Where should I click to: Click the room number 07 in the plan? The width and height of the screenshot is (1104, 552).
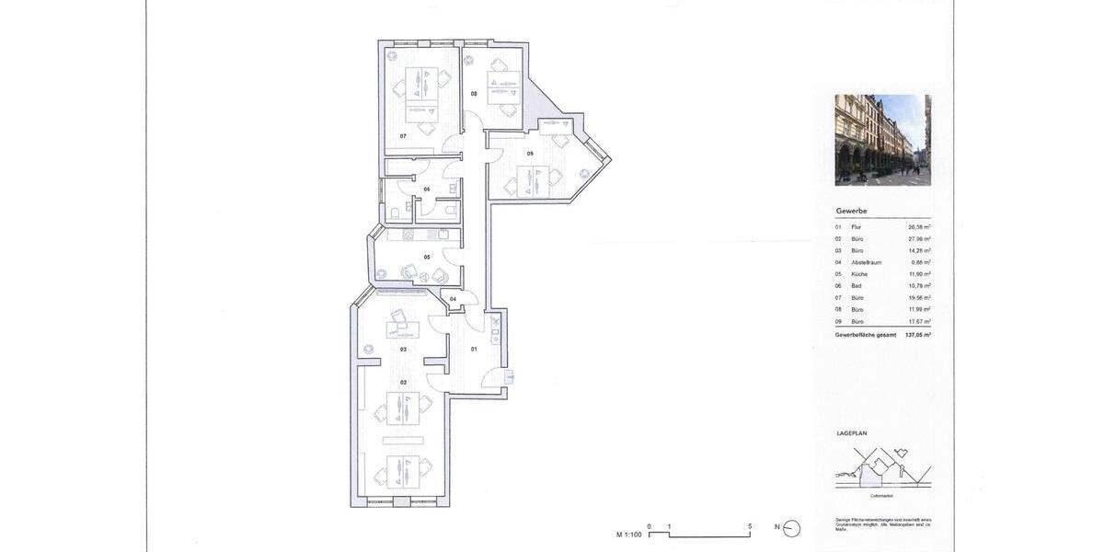point(403,136)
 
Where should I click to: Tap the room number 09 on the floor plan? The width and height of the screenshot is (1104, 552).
point(531,153)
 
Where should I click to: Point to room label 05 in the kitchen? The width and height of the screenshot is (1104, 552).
point(427,258)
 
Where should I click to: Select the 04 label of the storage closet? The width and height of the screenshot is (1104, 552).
point(453,300)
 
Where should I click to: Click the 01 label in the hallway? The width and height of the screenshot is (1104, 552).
point(475,349)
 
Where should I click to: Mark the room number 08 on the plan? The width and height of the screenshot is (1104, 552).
point(475,94)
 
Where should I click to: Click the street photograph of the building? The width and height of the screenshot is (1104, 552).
point(882,140)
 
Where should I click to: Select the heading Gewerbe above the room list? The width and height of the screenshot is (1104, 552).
point(851,211)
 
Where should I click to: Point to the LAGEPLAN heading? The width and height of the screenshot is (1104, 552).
point(852,432)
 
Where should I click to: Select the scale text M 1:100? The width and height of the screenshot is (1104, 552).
point(629,534)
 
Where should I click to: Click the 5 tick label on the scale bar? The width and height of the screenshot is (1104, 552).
point(751,526)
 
